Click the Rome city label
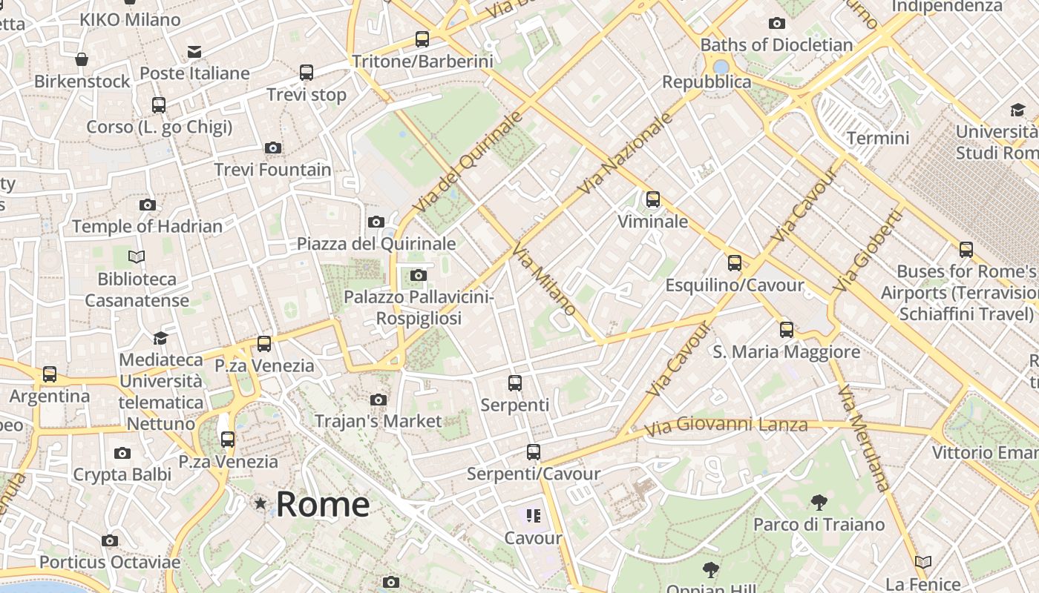tap(322, 505)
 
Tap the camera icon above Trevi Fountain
tap(273, 148)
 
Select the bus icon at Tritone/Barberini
tap(422, 39)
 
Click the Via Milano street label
tap(544, 282)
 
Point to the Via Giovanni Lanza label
tap(726, 426)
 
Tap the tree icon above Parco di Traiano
tap(819, 503)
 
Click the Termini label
tap(878, 138)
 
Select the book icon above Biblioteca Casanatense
tap(137, 257)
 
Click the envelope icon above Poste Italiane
tap(194, 52)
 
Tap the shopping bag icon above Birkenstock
tap(82, 59)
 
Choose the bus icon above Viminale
tap(653, 199)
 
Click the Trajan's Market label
tap(378, 421)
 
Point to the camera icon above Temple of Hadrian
tap(147, 205)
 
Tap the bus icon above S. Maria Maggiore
tap(787, 330)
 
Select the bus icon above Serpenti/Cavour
tap(533, 452)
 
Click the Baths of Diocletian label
tap(776, 44)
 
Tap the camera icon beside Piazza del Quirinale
tap(376, 222)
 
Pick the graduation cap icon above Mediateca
tap(160, 339)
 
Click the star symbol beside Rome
tap(260, 504)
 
